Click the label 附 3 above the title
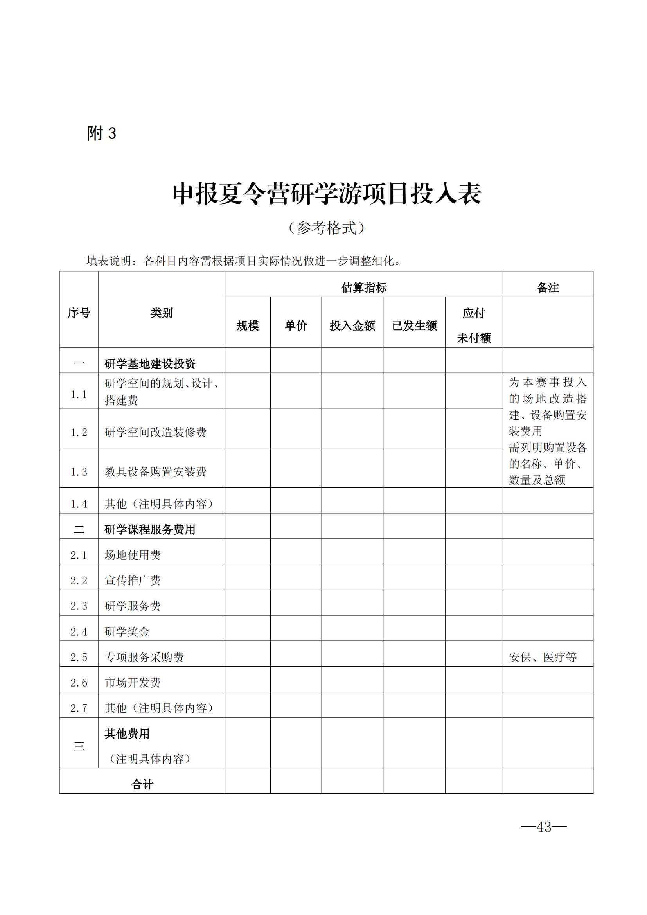tap(101, 133)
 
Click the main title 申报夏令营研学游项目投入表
tap(327, 194)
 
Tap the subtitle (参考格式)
tap(326, 228)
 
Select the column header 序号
tap(79, 313)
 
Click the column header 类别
tap(161, 313)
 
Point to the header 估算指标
tap(364, 288)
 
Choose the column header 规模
tap(247, 325)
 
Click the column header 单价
tap(296, 325)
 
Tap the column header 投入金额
tap(352, 325)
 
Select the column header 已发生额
tap(414, 325)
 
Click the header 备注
tap(548, 288)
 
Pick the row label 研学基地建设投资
tap(150, 363)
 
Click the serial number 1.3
tap(79, 472)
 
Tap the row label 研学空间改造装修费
tap(155, 432)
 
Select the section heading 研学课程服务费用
tap(150, 529)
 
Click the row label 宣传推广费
tap(133, 580)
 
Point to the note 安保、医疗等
tap(543, 657)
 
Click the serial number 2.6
tap(79, 683)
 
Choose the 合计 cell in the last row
tap(142, 784)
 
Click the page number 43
tap(544, 827)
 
